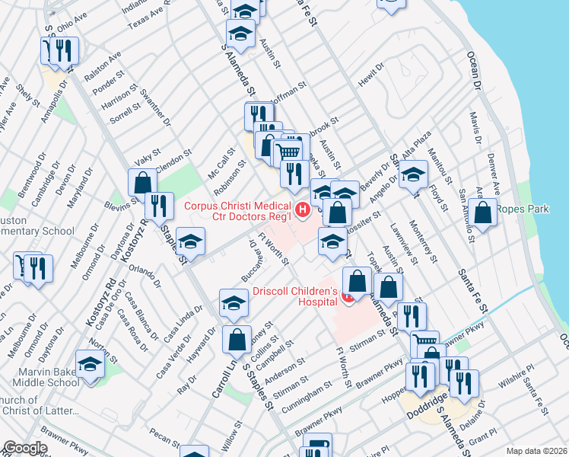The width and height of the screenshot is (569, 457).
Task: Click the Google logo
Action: point(25,447)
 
